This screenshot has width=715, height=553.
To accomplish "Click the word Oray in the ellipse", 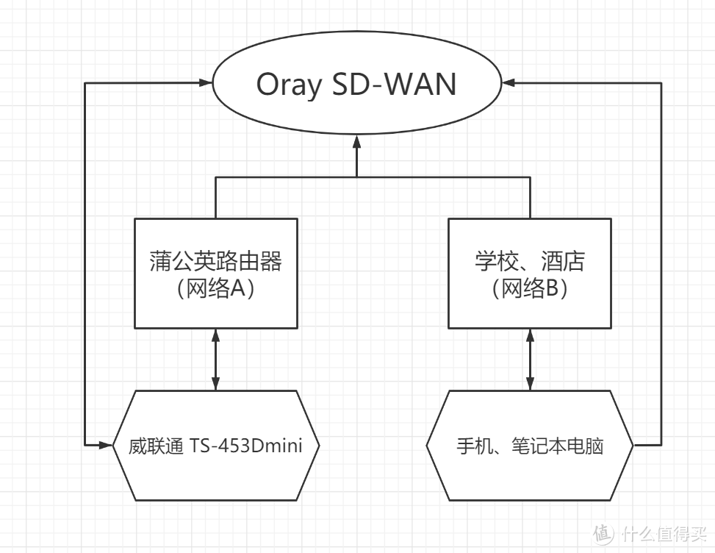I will click(289, 85).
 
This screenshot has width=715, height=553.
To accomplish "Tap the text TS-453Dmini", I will click(245, 446).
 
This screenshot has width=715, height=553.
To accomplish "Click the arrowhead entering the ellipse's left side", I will click(206, 83).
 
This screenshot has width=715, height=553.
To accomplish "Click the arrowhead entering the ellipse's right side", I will click(508, 83).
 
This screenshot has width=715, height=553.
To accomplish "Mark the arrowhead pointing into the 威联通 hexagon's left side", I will click(107, 445).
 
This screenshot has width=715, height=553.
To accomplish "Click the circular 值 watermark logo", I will click(603, 532).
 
